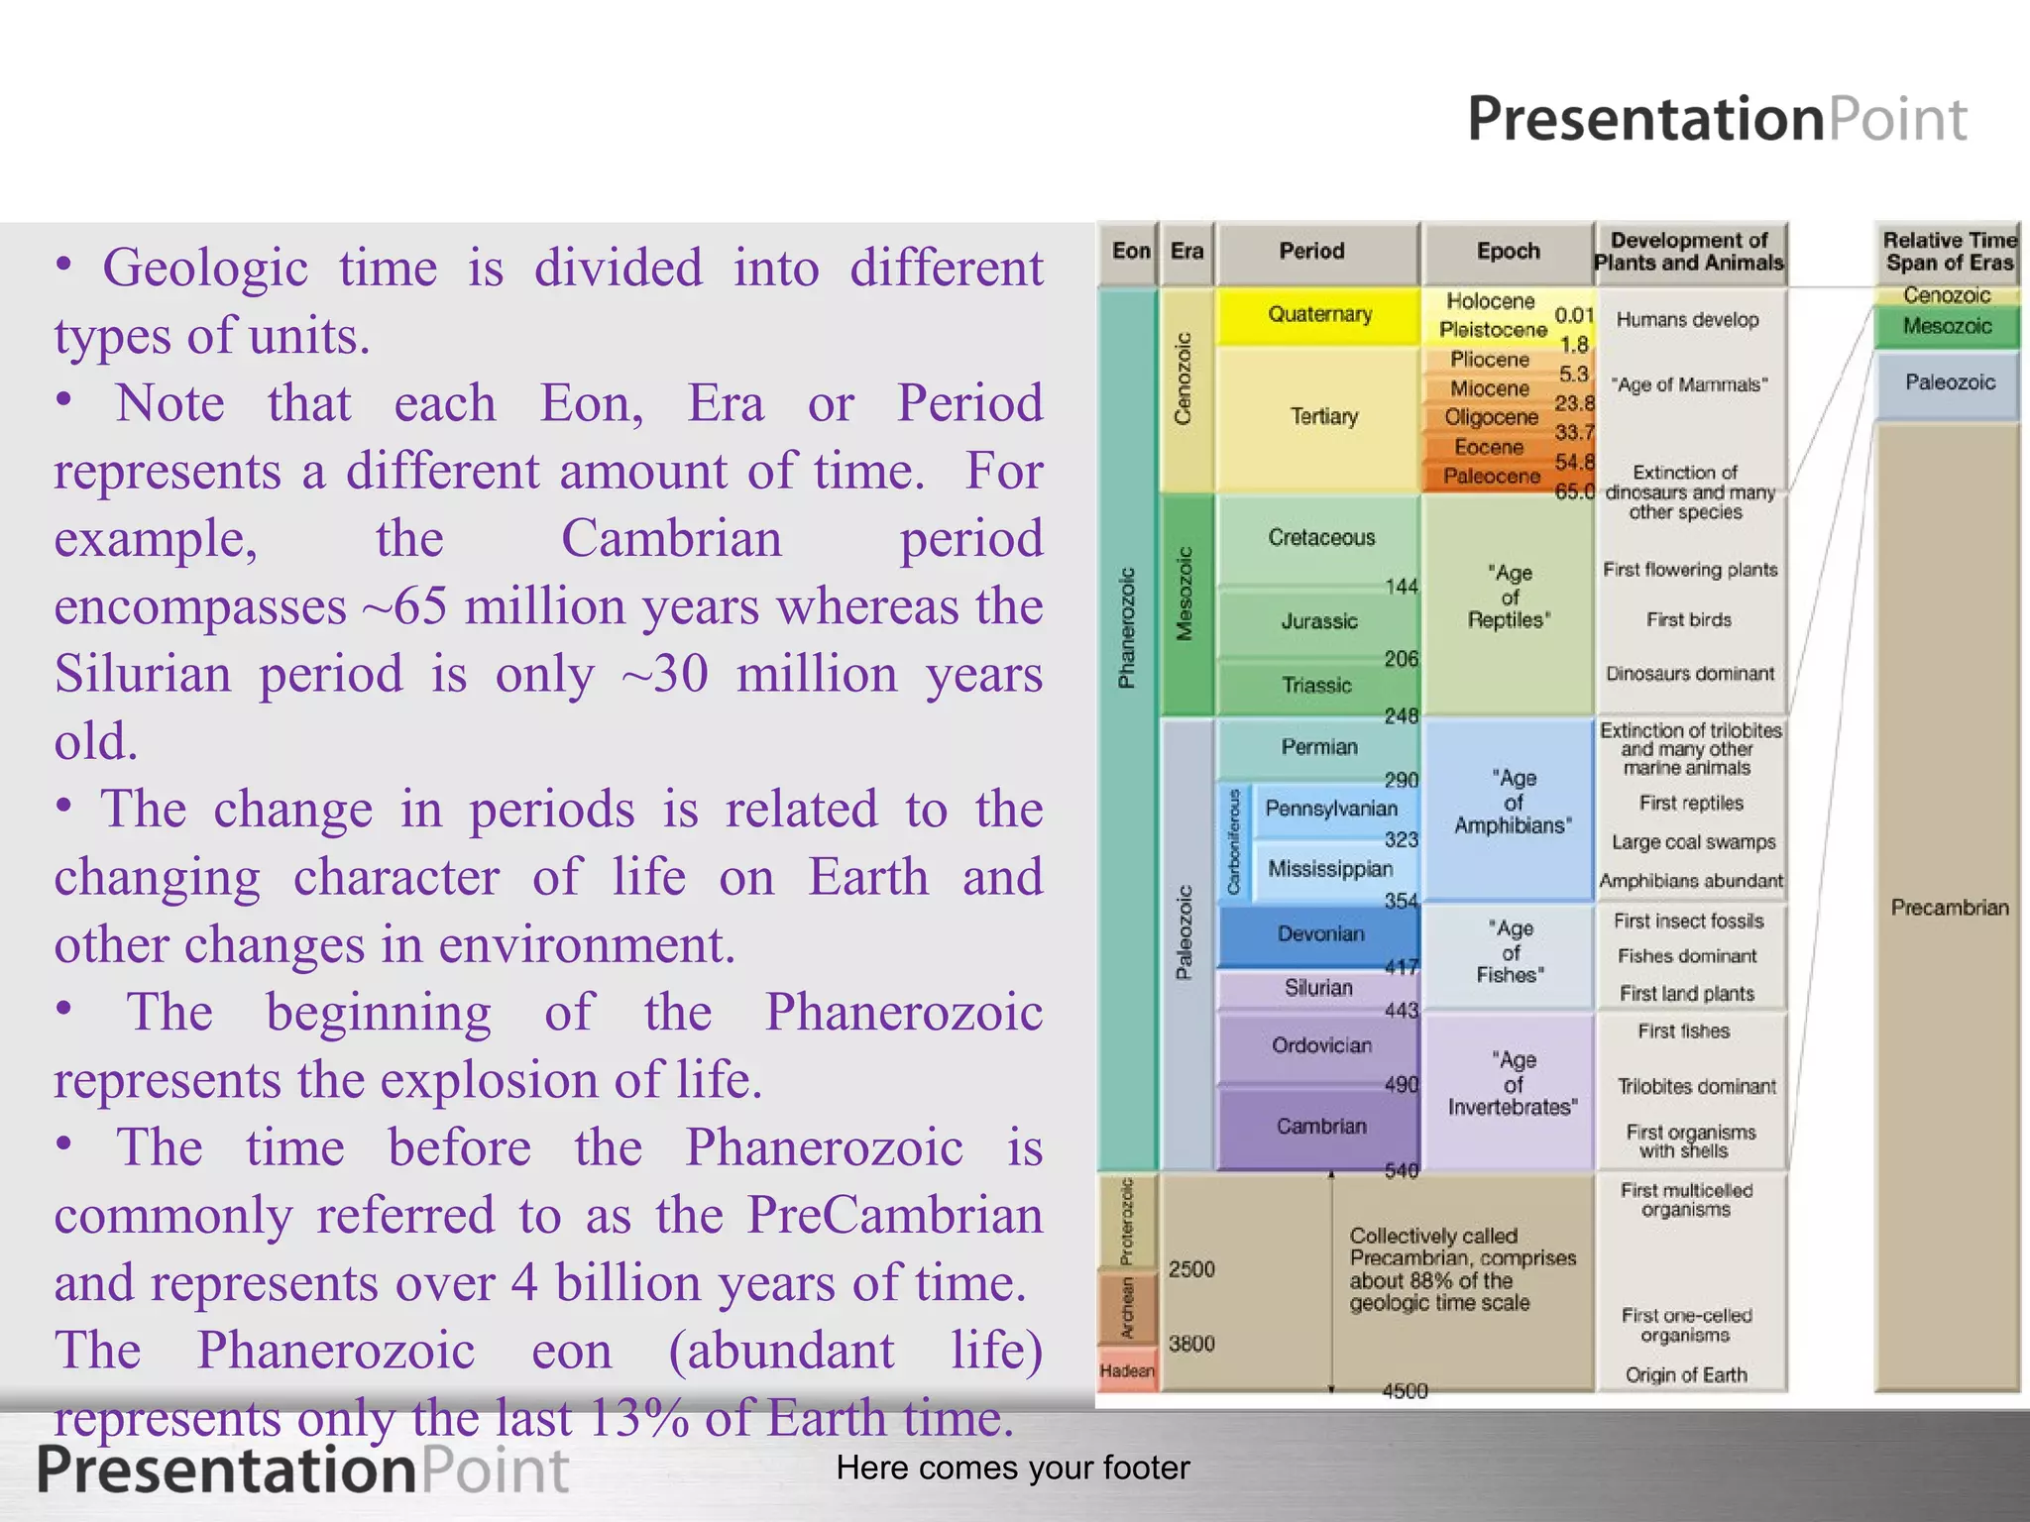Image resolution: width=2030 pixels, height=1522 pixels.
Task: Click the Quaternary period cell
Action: (x=1319, y=315)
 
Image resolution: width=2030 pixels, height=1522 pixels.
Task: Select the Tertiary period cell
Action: (x=1323, y=417)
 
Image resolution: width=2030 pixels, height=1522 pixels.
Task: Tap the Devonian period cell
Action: (x=1320, y=934)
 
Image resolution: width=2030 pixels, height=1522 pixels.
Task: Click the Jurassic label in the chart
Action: (x=1319, y=621)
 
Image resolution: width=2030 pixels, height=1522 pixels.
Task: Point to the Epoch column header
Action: (x=1508, y=252)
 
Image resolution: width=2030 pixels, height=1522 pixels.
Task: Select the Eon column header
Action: (x=1130, y=252)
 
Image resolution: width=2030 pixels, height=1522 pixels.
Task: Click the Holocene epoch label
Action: (x=1490, y=301)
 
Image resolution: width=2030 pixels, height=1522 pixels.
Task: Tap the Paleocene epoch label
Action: (x=1491, y=477)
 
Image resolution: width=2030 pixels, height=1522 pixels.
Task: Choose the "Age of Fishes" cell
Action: (x=1510, y=952)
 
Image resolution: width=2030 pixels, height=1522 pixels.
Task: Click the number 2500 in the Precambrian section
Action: (x=1191, y=1269)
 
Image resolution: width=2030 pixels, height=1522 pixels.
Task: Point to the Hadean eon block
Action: (x=1127, y=1371)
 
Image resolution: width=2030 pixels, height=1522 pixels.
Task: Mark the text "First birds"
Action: (x=1688, y=620)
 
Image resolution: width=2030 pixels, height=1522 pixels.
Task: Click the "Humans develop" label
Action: (x=1687, y=320)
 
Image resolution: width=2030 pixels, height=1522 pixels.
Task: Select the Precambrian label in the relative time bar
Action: (x=1949, y=908)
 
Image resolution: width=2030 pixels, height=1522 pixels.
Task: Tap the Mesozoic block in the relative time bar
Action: (x=1947, y=327)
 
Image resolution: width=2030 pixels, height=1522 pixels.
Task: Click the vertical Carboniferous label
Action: (x=1234, y=842)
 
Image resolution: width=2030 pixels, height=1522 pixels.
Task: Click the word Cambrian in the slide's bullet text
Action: (x=671, y=540)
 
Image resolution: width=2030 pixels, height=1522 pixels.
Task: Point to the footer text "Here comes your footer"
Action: (x=1012, y=1468)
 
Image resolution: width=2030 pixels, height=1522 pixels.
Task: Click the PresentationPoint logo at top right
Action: (x=1717, y=119)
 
